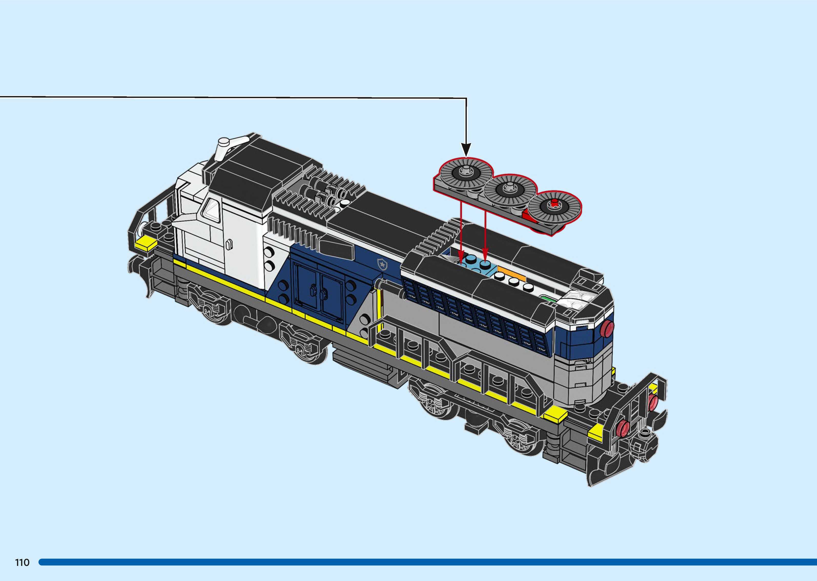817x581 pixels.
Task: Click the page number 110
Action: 22,562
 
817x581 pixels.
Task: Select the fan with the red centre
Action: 554,207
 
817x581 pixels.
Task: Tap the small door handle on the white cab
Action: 230,244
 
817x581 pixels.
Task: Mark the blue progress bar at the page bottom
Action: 426,562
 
